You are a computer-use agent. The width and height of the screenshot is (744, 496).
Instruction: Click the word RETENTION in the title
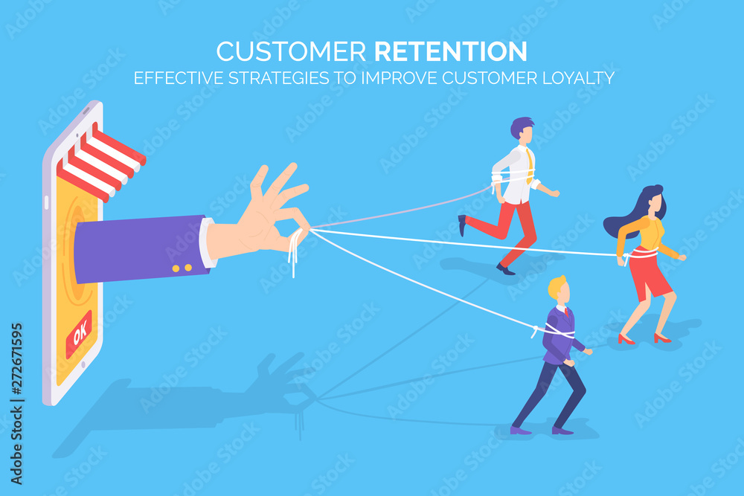(451, 51)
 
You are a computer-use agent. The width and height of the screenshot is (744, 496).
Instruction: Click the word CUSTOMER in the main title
(292, 51)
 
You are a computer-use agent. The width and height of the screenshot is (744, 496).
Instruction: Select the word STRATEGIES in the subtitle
(279, 78)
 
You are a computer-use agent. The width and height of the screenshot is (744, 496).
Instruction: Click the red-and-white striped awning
(100, 161)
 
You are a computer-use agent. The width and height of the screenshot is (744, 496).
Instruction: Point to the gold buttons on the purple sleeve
(182, 268)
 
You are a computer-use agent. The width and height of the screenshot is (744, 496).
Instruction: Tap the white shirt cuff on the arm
(207, 242)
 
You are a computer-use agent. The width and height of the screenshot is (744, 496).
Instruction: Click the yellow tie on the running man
(529, 167)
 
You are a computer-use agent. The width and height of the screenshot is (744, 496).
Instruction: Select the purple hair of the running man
(521, 126)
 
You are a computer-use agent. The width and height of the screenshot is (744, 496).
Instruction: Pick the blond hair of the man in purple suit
(557, 286)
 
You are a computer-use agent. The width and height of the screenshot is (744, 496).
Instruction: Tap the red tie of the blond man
(566, 312)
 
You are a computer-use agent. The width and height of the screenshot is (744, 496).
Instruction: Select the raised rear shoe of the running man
(462, 225)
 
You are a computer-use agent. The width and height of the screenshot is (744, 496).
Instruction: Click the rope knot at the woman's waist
(626, 257)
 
